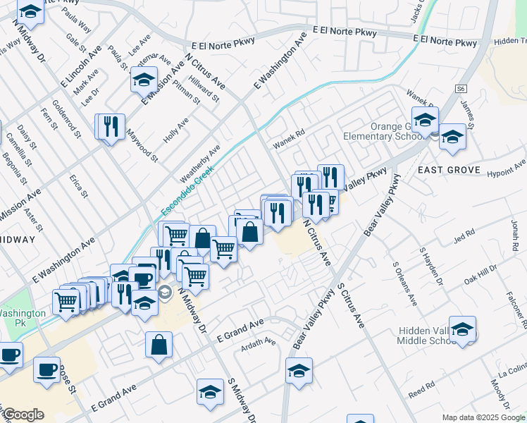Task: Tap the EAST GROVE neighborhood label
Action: tap(448, 170)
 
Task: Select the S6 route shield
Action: tap(461, 89)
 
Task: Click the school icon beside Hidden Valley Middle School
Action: tap(462, 329)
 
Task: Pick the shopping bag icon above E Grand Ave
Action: tap(159, 345)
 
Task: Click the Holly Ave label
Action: tap(176, 130)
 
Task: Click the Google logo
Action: tap(23, 415)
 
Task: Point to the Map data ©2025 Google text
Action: tap(483, 417)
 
